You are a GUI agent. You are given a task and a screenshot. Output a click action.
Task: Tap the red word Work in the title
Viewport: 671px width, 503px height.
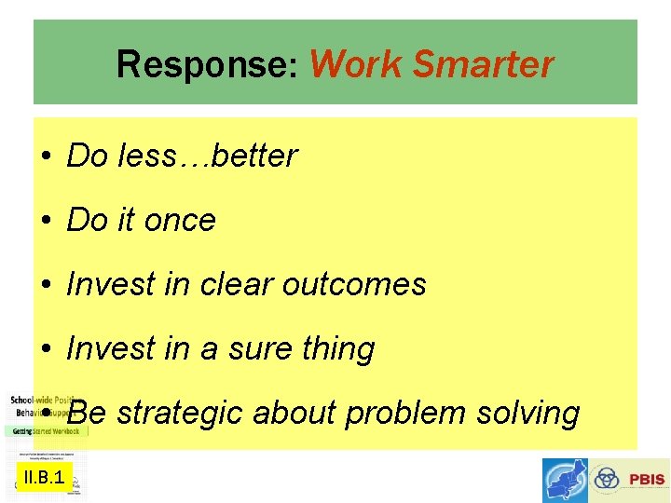[x=357, y=65]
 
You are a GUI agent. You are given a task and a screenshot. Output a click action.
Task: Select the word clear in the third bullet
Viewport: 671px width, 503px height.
[x=230, y=285]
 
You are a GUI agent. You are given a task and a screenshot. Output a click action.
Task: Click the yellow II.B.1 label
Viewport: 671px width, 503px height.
[x=44, y=479]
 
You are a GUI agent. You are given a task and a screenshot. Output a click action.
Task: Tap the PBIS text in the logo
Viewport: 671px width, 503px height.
[x=646, y=481]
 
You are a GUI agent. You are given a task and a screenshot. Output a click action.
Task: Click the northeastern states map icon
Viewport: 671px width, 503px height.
[x=565, y=481]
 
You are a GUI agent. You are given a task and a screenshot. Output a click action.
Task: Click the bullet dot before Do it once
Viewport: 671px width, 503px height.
[x=46, y=222]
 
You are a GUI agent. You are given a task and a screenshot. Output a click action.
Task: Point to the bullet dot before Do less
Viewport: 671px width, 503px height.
[x=46, y=157]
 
